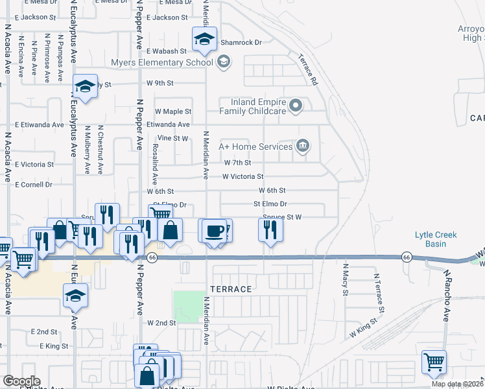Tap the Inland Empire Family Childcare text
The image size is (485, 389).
[x=259, y=106]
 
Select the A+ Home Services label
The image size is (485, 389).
[x=256, y=147]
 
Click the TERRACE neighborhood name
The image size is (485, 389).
[x=230, y=288]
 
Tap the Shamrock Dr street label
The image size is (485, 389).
[x=241, y=42]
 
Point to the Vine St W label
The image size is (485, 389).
[x=172, y=138]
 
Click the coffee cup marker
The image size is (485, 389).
[x=213, y=231]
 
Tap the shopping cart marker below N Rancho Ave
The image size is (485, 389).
[x=434, y=362]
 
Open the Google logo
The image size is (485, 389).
[x=21, y=381]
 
